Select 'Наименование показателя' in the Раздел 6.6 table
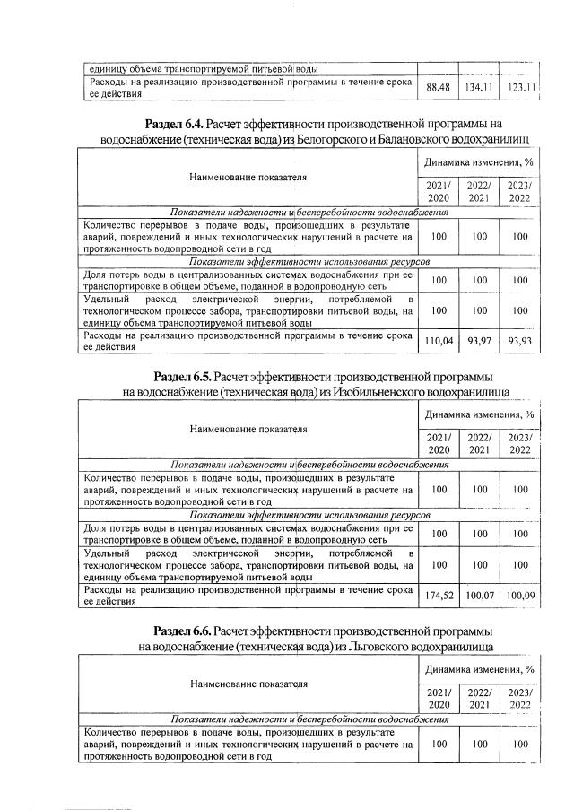248,682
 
